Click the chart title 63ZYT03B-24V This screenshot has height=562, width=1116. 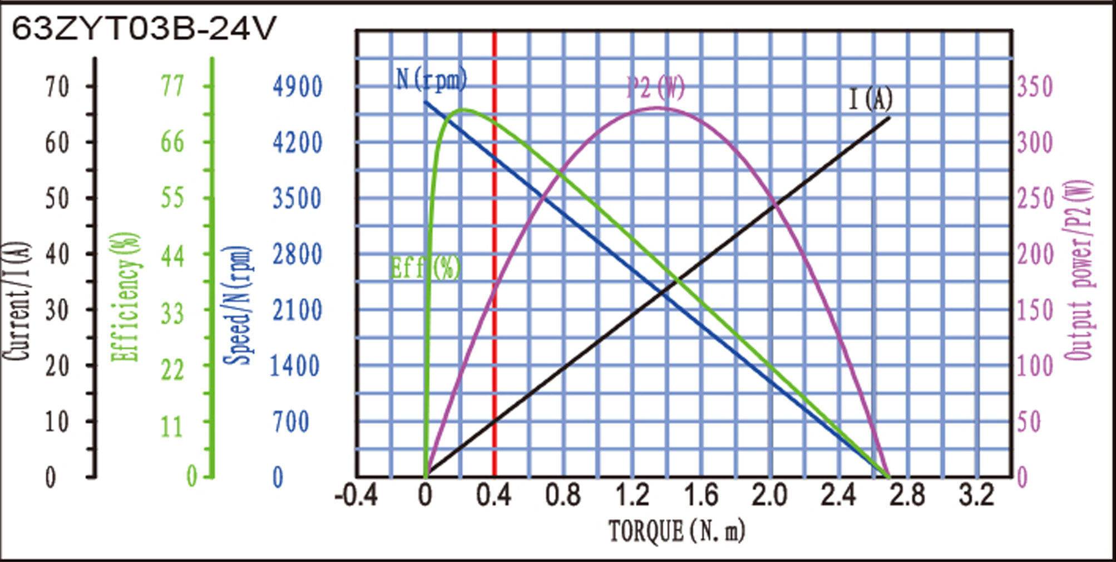pos(144,29)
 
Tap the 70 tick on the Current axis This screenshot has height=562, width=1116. pos(57,87)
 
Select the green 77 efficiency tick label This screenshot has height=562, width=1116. pos(172,86)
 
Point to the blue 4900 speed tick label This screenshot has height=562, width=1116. pos(297,87)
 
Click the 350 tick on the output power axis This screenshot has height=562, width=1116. pos(1035,87)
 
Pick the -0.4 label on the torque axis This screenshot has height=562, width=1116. pos(356,495)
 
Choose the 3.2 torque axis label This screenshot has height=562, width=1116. pos(976,495)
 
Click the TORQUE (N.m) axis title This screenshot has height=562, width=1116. pos(676,531)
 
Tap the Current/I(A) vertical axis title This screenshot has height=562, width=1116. pos(17,301)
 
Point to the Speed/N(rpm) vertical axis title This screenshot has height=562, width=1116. pos(238,305)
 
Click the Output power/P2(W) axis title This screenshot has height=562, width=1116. pos(1079,270)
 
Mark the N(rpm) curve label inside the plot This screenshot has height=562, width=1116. pos(432,80)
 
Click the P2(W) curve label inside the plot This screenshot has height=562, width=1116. pos(655,87)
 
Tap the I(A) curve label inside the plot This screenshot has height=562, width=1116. pos(870,100)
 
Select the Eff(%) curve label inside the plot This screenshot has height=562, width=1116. pos(426,268)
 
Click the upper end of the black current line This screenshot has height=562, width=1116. pos(889,118)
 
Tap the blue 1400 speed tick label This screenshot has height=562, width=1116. pos(295,366)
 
